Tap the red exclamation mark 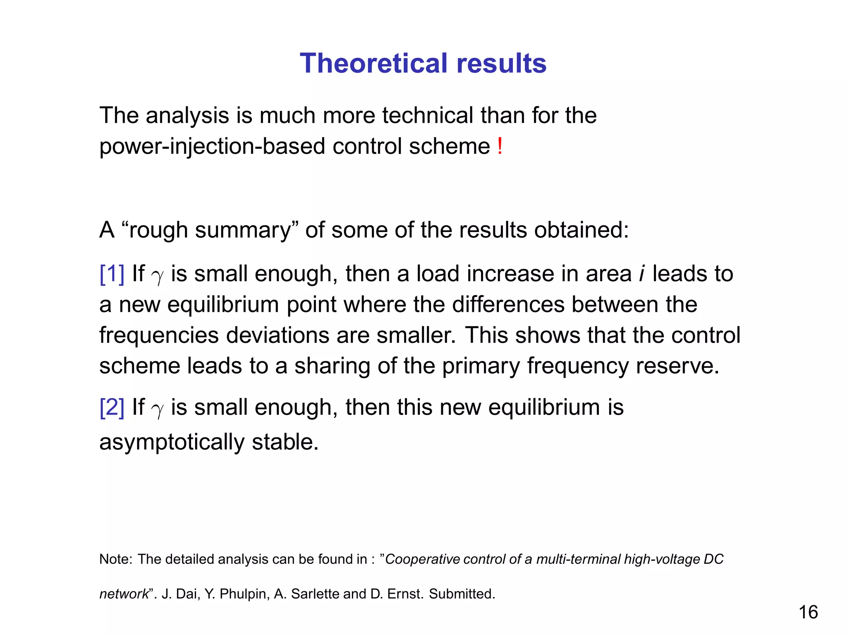500,146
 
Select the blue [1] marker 112,274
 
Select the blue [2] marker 112,407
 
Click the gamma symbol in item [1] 157,276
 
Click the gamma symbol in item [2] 157,410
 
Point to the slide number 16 808,612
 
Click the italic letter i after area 641,274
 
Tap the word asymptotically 172,442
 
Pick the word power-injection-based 212,146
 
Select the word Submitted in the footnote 462,594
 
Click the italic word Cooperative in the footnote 422,559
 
